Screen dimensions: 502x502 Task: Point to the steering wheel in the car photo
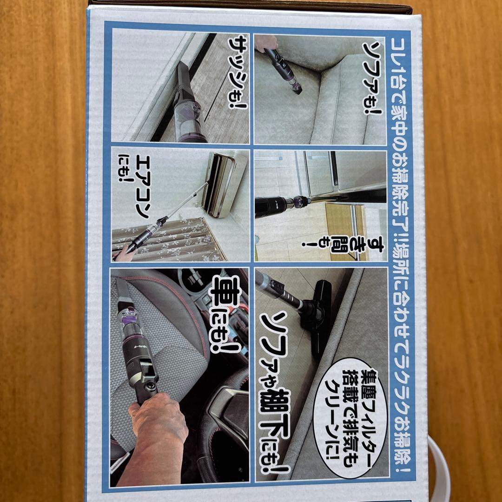pyautogui.click(x=228, y=409)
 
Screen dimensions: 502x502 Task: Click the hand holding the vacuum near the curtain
pyautogui.click(x=122, y=253)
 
